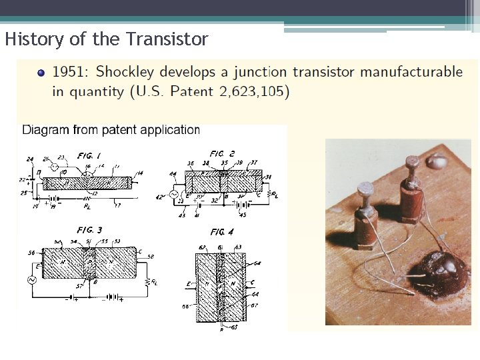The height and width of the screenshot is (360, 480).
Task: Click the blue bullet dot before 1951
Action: click(x=41, y=73)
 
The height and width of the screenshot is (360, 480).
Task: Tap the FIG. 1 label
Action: click(x=89, y=155)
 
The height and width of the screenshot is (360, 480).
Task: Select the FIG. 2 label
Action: click(x=222, y=154)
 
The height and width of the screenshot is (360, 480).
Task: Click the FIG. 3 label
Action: click(x=90, y=231)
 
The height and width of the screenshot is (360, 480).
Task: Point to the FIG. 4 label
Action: click(x=222, y=232)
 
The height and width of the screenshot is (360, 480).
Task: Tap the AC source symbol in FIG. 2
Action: click(x=175, y=195)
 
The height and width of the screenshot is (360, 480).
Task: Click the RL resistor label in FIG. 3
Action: click(x=155, y=281)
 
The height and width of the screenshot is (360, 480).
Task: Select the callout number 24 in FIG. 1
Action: click(x=29, y=159)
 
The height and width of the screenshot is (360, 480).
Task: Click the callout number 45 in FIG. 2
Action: click(x=242, y=215)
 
